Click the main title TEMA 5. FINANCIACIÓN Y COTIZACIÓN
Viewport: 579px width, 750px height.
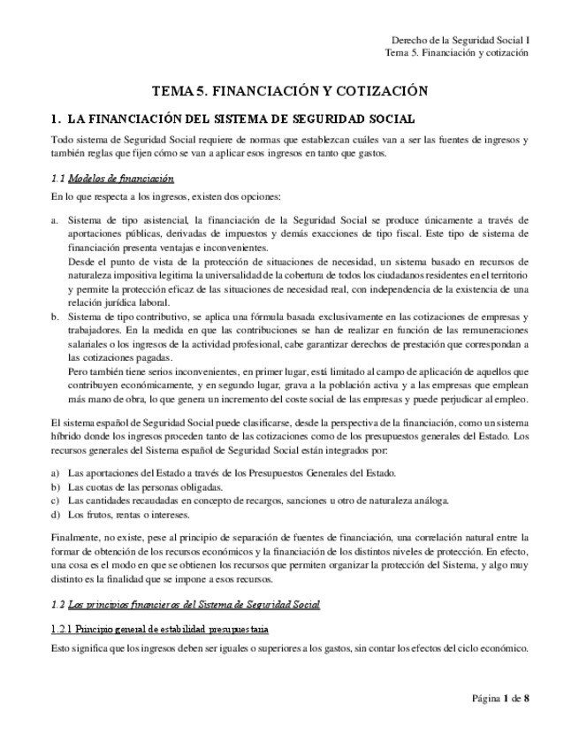pos(290,91)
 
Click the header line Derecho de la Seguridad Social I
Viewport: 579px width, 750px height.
pos(460,40)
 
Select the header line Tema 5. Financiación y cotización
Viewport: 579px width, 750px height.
pos(457,52)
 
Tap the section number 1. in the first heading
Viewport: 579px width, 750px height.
pos(56,119)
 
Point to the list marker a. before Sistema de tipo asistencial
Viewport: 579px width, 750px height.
pos(55,219)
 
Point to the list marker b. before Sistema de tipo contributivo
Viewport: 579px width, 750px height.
pos(55,317)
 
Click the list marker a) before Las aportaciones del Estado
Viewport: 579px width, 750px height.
pos(56,473)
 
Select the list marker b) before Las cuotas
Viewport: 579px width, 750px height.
pos(56,487)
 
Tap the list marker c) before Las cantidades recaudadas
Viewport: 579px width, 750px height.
pos(56,501)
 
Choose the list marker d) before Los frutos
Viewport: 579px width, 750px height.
pos(56,514)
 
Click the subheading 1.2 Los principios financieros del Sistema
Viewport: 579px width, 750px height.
pos(185,604)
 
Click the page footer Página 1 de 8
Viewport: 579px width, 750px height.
pos(500,699)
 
